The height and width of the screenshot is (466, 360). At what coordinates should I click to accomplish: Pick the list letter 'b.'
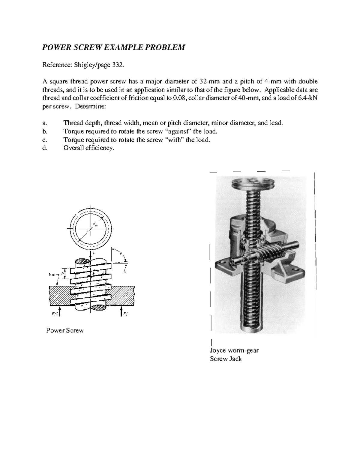(45, 131)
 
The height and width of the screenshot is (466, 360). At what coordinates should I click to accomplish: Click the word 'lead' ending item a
(276, 123)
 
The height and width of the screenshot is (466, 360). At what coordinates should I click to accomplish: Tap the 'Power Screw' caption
(65, 330)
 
